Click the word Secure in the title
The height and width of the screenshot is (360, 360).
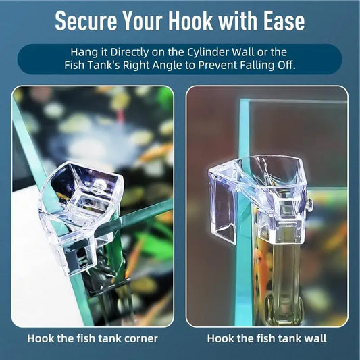(86, 21)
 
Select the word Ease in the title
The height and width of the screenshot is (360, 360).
(284, 21)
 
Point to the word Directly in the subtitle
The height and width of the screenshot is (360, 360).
(129, 53)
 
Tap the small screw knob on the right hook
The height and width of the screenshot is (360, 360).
(309, 203)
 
